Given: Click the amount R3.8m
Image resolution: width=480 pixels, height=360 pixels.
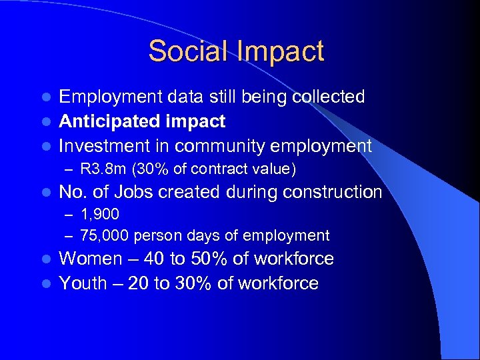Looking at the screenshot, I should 99,169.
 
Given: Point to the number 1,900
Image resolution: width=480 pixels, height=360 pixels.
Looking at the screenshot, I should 99,215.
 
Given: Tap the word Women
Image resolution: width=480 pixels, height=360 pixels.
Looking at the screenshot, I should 90,259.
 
